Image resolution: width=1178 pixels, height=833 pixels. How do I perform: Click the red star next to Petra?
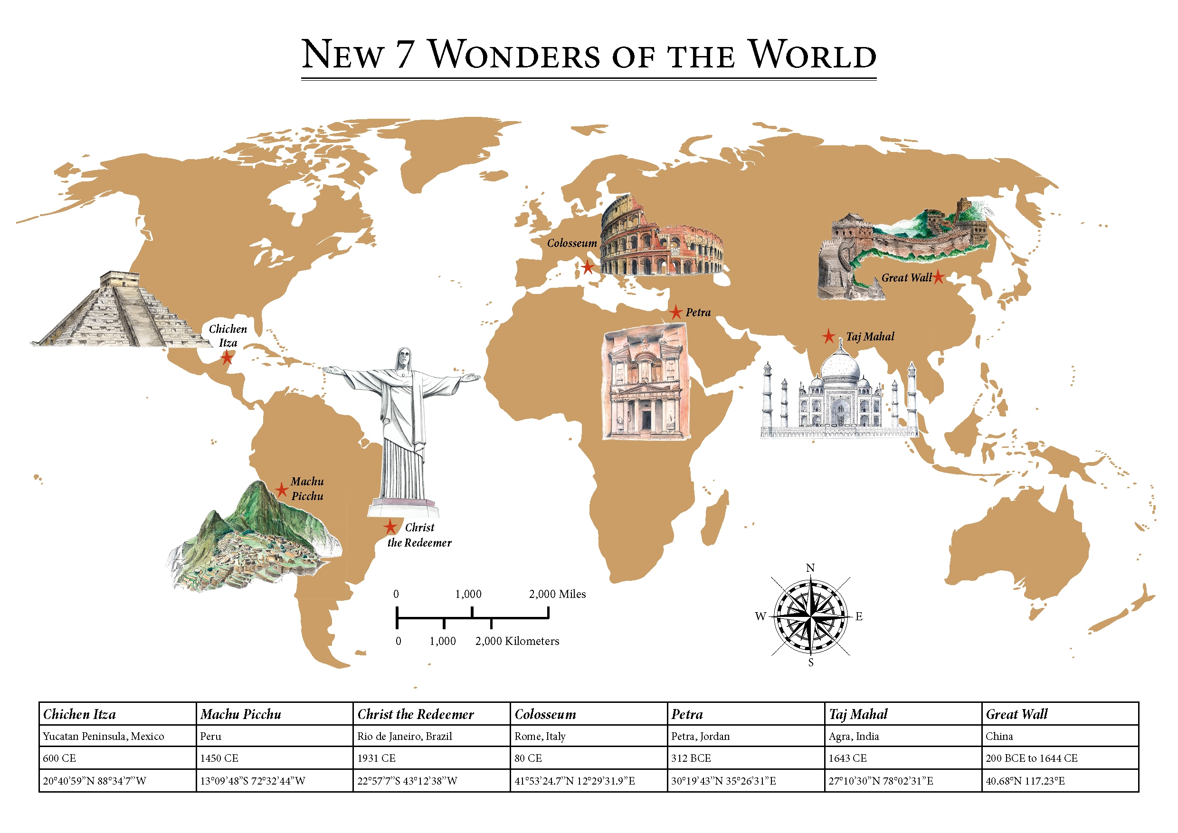coord(676,312)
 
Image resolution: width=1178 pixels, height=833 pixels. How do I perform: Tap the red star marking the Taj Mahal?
coord(828,337)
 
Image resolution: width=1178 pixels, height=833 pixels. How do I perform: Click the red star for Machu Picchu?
coord(281,489)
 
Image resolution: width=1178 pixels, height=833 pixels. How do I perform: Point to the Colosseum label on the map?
coord(571,243)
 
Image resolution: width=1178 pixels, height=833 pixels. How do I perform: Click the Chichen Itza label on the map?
coord(228,336)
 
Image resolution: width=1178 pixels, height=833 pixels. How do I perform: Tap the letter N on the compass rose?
coord(810,568)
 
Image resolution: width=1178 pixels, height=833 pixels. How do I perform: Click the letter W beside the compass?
coord(760,616)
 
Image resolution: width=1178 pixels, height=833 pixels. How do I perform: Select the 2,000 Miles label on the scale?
coord(557,594)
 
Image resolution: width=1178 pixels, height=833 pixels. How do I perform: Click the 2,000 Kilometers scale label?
coord(517,641)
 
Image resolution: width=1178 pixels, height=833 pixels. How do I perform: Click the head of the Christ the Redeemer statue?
coord(404,358)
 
